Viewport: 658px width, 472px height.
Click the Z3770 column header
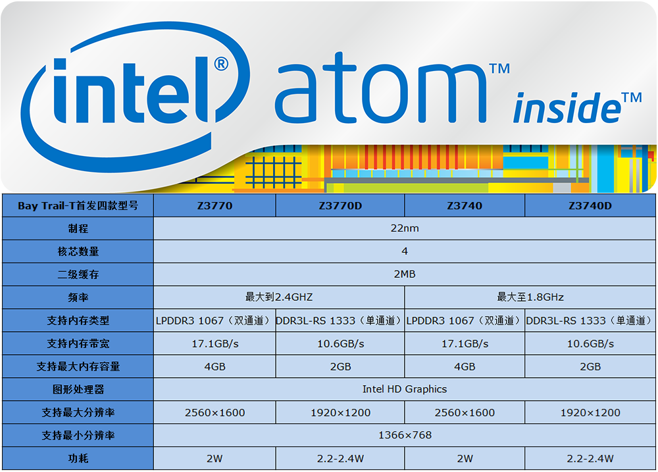point(215,206)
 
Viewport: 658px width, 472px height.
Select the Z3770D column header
point(340,206)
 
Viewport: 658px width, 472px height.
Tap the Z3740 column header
point(465,206)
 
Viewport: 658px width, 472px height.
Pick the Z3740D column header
point(590,206)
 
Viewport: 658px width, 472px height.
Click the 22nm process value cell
point(405,228)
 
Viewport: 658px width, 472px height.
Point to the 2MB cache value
point(405,275)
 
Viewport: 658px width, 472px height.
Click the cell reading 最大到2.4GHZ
point(279,298)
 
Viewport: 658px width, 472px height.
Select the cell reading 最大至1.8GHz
point(530,298)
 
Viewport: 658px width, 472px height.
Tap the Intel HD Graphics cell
point(405,389)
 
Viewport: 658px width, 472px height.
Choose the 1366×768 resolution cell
point(405,435)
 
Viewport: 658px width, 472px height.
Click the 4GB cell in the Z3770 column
point(215,367)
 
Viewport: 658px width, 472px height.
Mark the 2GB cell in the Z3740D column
point(590,367)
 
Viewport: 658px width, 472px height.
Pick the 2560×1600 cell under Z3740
point(465,412)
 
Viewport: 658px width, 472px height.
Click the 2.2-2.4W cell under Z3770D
point(340,459)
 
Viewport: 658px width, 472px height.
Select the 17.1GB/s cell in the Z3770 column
point(215,344)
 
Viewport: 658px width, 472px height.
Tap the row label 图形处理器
point(78,389)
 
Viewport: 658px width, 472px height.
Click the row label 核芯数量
point(78,251)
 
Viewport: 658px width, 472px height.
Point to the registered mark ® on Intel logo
point(221,64)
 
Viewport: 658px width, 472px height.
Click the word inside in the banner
point(567,108)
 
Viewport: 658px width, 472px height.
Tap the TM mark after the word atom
point(499,68)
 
